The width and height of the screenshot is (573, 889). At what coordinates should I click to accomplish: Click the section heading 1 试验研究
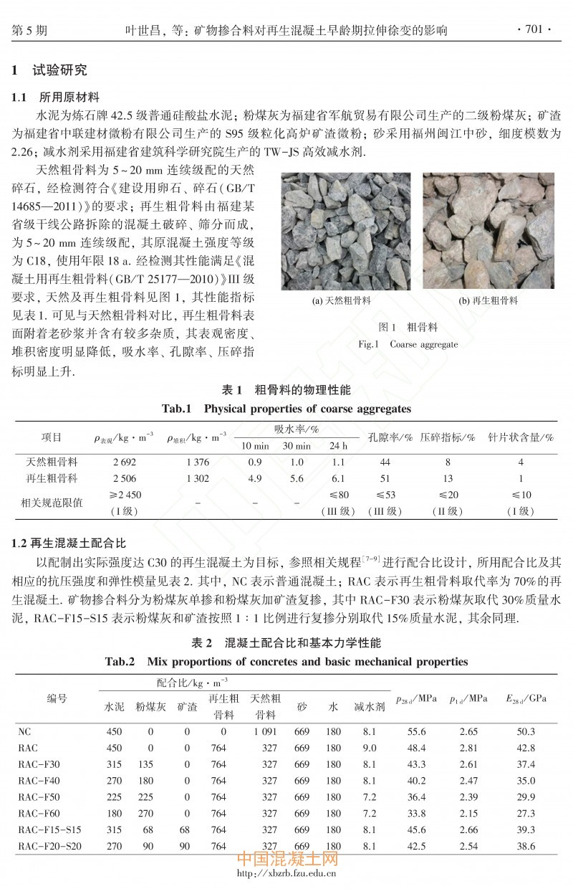pos(49,71)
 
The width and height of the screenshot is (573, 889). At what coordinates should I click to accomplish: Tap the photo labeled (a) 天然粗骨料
pos(346,230)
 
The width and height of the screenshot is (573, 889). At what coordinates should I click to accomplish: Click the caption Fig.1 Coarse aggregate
pos(408,344)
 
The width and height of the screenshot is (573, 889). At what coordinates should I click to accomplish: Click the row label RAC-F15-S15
pos(49,829)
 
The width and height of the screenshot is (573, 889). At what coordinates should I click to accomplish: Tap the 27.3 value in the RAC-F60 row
pos(526,813)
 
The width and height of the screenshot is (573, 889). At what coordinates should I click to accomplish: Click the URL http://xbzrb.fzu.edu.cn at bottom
pos(286,873)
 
